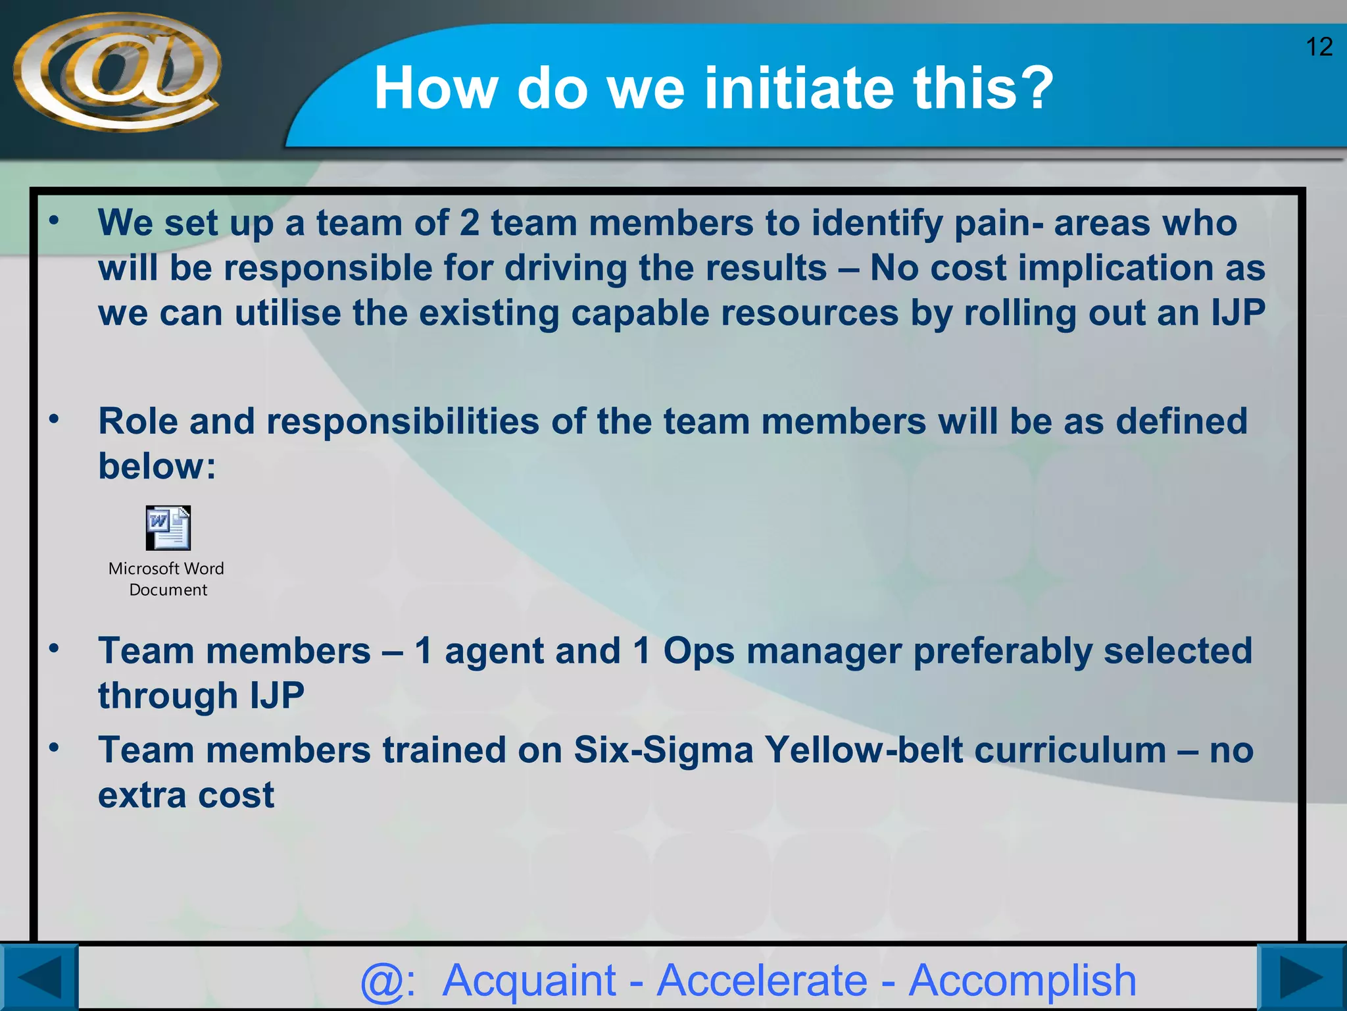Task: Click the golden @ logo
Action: [117, 72]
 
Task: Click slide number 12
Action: [1318, 47]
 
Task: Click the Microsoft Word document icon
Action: [168, 528]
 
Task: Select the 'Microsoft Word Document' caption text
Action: [167, 579]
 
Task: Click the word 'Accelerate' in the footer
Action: [762, 981]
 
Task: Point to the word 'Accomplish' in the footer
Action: [1023, 981]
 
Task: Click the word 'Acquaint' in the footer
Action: [529, 981]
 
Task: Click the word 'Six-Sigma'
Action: [663, 750]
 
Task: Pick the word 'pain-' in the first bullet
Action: [998, 224]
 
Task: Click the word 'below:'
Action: [157, 467]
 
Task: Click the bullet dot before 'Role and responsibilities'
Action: [55, 419]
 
